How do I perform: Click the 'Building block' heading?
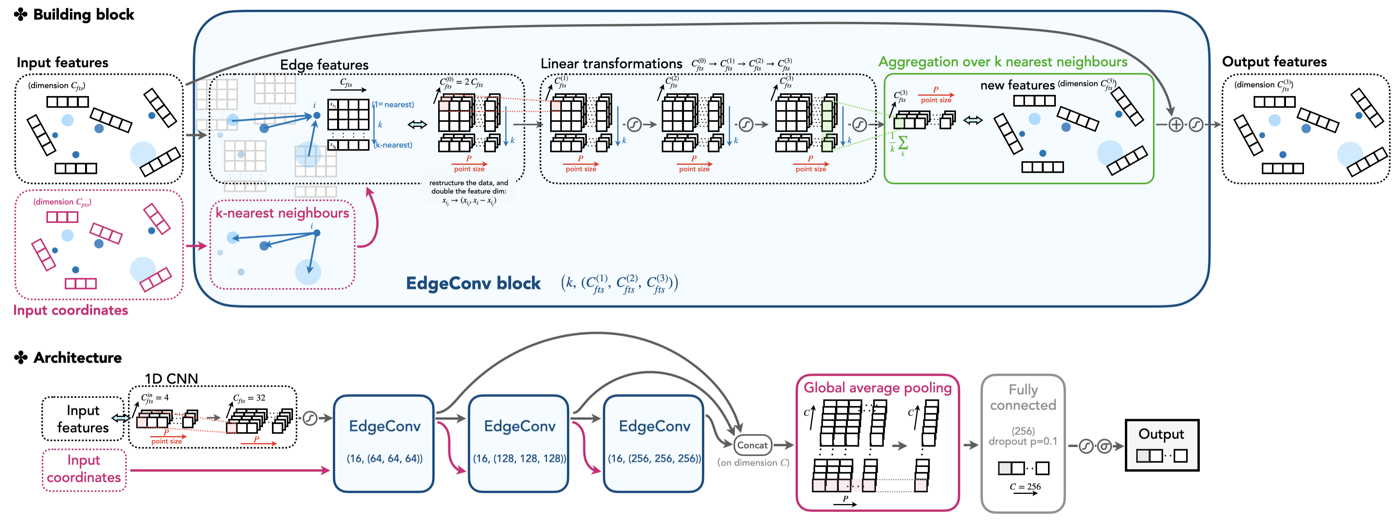point(83,15)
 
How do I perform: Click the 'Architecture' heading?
point(77,357)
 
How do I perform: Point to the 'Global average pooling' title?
point(877,387)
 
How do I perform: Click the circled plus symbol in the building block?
point(1176,125)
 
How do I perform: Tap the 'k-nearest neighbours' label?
point(282,213)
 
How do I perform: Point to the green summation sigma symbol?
point(903,143)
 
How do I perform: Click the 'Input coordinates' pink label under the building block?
point(71,310)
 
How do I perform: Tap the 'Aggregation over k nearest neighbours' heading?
point(1002,62)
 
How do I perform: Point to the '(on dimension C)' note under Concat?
point(753,463)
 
